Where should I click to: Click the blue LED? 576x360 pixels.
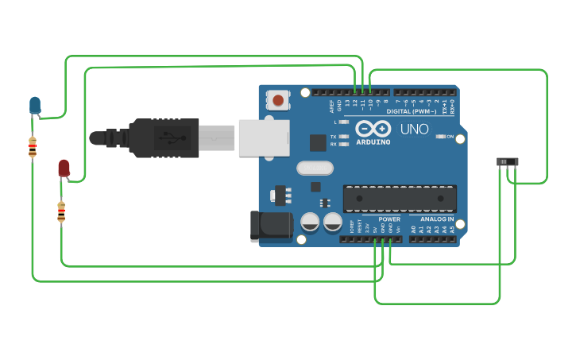point(35,104)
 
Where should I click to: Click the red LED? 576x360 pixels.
point(64,168)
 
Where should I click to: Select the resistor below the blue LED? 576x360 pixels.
point(33,147)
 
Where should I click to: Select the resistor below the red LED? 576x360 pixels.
point(61,211)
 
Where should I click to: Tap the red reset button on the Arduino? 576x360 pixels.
point(279,100)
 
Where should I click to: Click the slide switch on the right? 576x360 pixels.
point(508,161)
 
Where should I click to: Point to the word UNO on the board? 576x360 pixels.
point(414,129)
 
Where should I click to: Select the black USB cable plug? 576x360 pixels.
point(163,137)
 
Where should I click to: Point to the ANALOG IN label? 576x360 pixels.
point(437,219)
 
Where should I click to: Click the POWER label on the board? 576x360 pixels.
point(389,219)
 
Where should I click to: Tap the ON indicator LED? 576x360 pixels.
point(441,137)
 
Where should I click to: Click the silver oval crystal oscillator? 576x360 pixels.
point(315,168)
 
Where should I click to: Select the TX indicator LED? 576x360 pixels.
point(343,137)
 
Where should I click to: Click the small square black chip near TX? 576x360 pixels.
point(318,142)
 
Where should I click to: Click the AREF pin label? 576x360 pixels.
point(331,105)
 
